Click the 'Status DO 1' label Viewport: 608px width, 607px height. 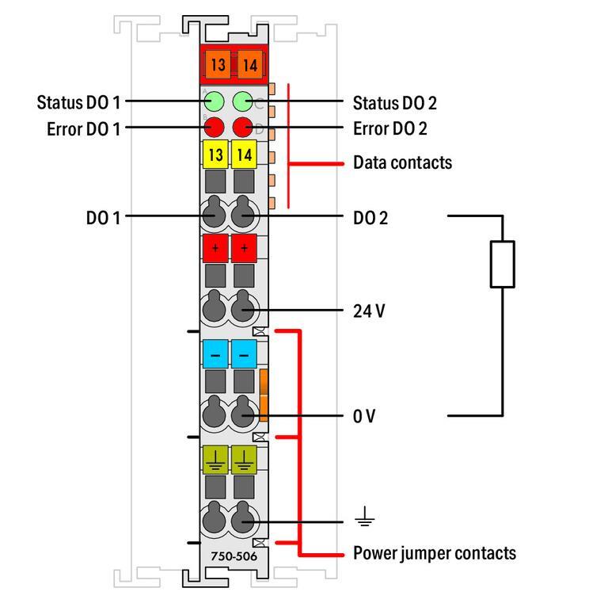point(79,102)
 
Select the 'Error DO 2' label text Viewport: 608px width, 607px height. point(394,128)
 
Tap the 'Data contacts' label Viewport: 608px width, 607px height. point(402,162)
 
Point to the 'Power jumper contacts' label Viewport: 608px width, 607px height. point(434,552)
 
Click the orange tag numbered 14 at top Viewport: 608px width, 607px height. point(249,65)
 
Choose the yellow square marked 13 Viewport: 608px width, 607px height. point(215,155)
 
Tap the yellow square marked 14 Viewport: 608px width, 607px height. point(244,155)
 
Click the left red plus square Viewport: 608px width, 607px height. point(215,248)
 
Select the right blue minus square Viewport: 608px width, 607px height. point(244,353)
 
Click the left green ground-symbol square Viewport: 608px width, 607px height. point(215,459)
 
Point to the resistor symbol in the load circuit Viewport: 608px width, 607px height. point(503,264)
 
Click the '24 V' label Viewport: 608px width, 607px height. point(369,311)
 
